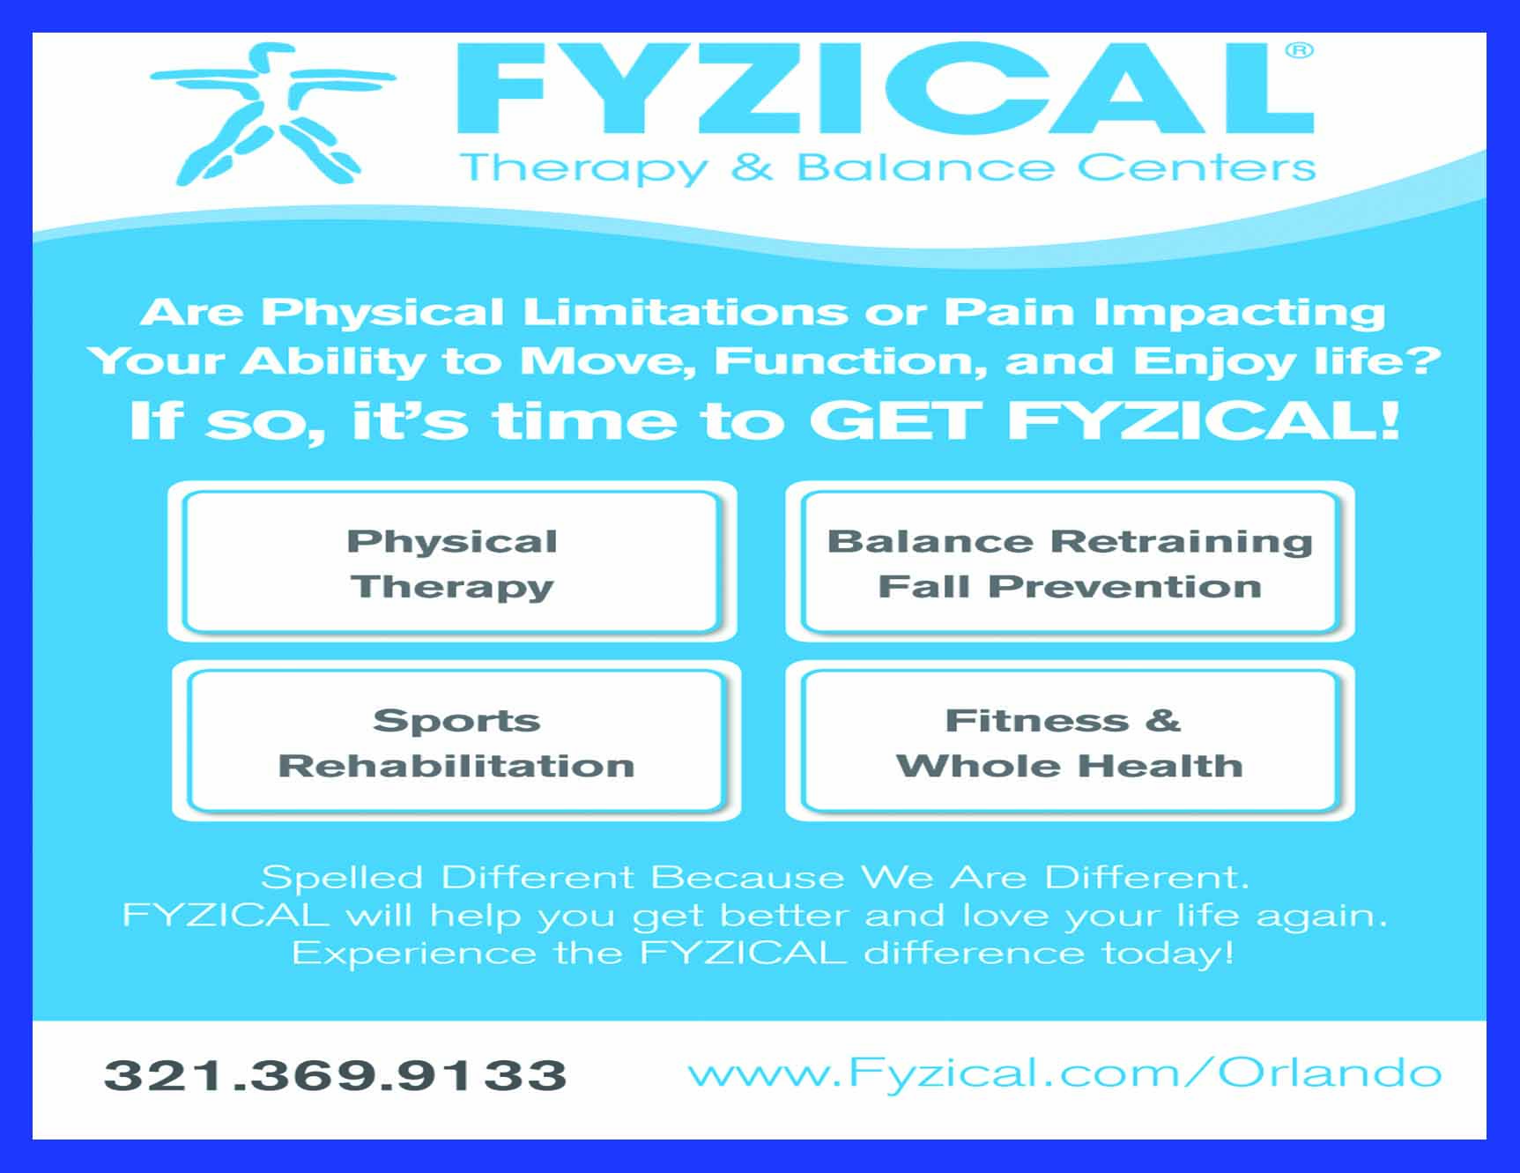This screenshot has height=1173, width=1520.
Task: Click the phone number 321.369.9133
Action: (336, 1075)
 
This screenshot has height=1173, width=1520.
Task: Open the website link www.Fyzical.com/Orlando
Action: (1064, 1073)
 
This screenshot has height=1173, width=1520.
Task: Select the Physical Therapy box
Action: (453, 562)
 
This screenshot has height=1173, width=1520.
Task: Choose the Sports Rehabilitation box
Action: (456, 741)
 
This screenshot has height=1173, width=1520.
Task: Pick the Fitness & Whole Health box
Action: (1070, 741)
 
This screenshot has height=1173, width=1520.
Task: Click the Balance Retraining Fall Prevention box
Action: (1070, 562)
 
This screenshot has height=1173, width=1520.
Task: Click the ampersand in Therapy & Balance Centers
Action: (752, 167)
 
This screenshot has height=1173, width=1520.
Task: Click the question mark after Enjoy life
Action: (1422, 360)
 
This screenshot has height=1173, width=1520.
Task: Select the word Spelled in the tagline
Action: (343, 878)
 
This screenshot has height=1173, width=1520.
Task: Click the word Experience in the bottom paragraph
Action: (414, 954)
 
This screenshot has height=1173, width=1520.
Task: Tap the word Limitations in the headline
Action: (686, 311)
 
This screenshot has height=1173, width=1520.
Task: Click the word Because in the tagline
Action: (747, 878)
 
